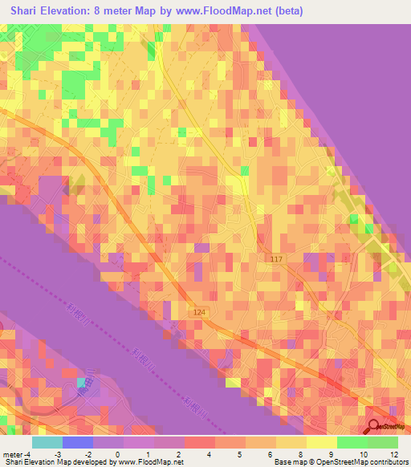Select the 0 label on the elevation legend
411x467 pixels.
(119, 453)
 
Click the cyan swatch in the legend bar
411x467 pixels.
(47, 442)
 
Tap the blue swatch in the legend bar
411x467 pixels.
(78, 442)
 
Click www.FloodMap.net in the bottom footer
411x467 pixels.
(152, 462)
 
